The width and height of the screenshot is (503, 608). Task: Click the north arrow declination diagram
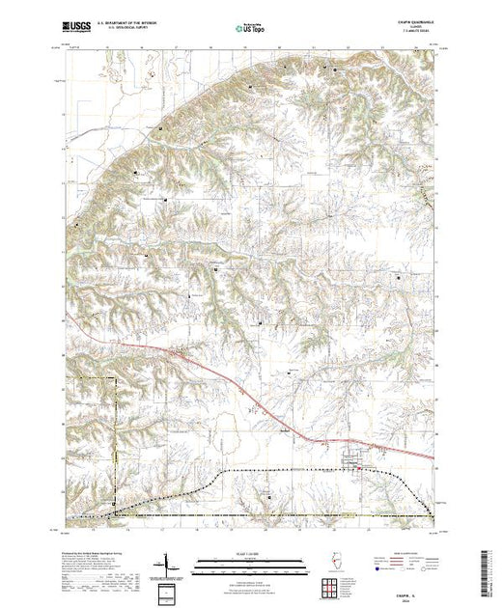(172, 565)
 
